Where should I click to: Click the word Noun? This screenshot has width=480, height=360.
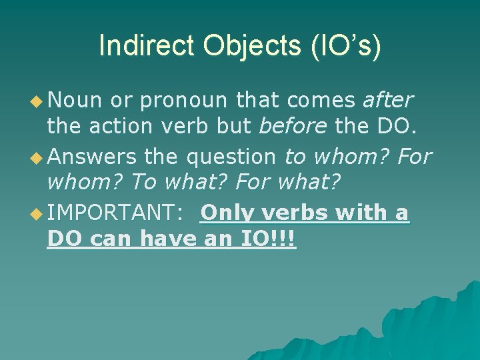[75, 101]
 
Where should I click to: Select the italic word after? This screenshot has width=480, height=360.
[388, 101]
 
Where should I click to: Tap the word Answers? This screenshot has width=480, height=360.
[92, 157]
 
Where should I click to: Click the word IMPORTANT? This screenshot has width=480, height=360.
[113, 213]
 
